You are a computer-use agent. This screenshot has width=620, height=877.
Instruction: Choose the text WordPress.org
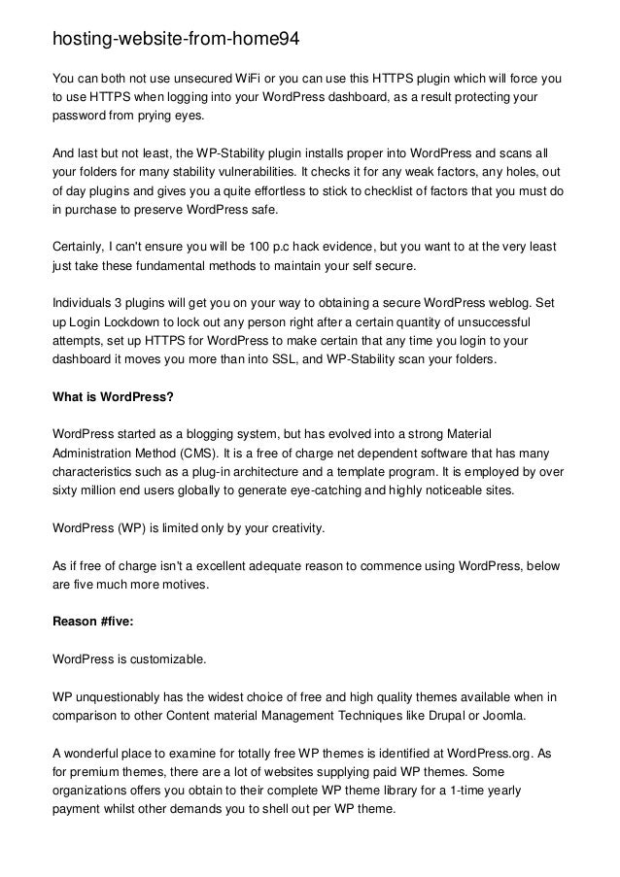pyautogui.click(x=480, y=754)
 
